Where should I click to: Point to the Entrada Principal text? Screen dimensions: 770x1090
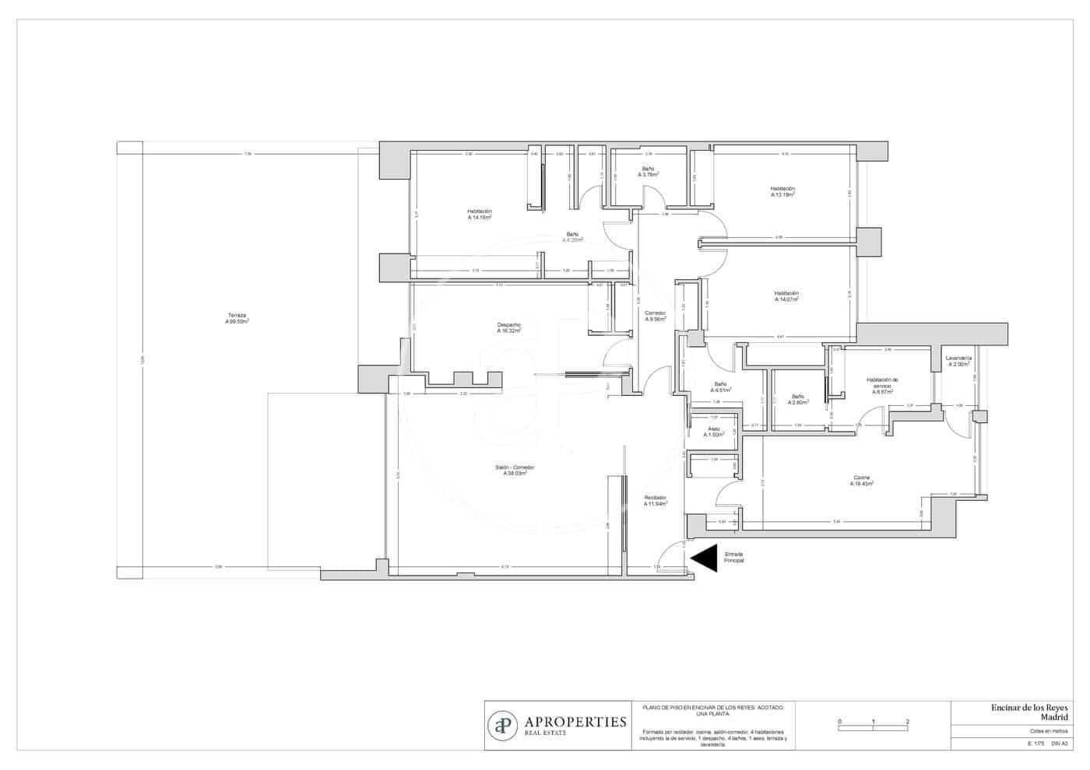(733, 557)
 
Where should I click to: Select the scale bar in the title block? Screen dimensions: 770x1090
(874, 724)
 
